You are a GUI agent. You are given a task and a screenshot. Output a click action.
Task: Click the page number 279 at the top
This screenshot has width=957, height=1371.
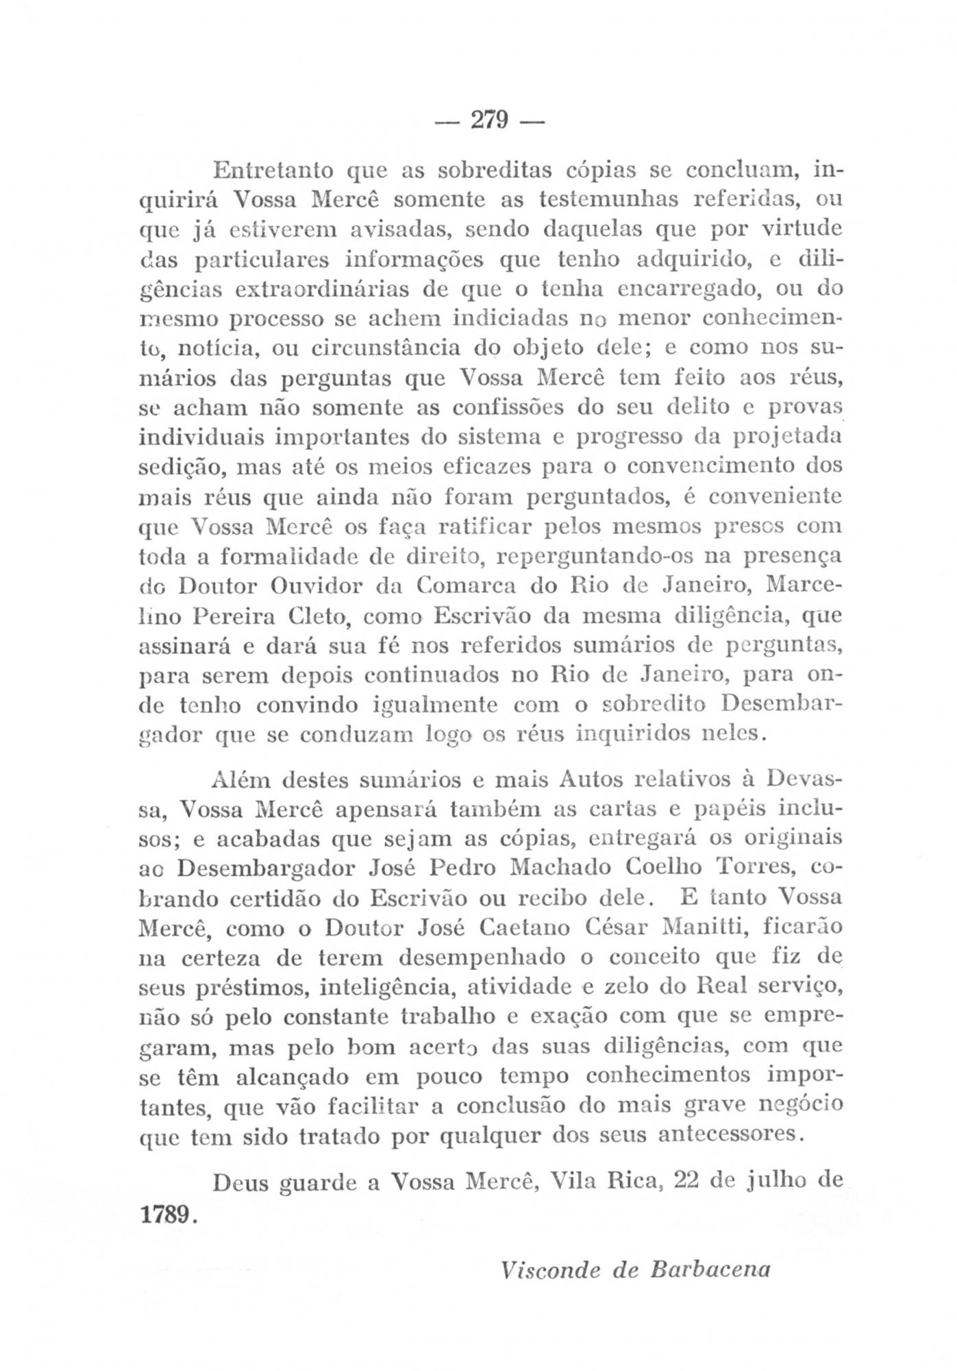[489, 121]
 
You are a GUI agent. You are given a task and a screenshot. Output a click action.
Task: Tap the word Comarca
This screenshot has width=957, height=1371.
[467, 587]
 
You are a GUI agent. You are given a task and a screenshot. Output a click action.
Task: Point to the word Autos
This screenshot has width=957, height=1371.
[590, 780]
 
